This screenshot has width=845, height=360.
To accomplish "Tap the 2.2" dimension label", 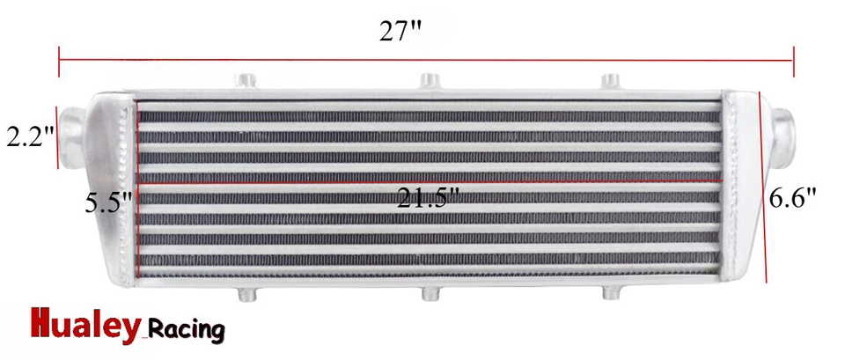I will (x=30, y=137).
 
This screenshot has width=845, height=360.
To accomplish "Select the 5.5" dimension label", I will (x=107, y=203).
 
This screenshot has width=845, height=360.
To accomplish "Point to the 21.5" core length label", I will (x=428, y=198).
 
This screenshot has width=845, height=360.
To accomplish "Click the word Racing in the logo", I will (x=184, y=330).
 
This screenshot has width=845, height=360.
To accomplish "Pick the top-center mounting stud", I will (x=429, y=81).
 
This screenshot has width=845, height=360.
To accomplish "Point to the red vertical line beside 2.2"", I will (x=60, y=137).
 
